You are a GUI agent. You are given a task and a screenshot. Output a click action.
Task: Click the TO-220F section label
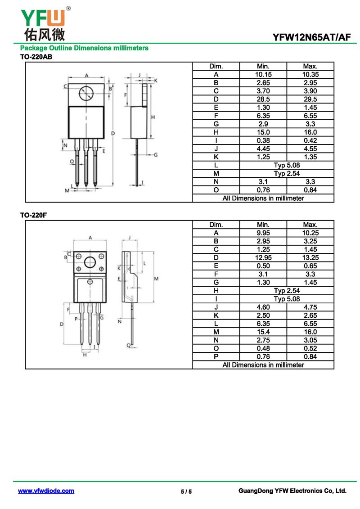pos(33,216)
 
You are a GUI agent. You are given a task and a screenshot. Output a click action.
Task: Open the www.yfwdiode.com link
pos(46,491)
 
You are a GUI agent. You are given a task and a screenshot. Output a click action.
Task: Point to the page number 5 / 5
pos(186,491)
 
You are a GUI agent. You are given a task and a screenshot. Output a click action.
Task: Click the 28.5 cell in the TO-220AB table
pos(263,99)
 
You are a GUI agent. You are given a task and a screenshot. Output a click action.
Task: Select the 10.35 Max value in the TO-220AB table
pos(310,74)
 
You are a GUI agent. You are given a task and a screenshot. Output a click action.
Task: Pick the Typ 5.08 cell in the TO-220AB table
pos(287,165)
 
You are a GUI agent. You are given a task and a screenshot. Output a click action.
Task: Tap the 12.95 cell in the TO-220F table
pos(263,257)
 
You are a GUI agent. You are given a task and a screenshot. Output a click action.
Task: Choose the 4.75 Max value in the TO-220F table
pos(310,307)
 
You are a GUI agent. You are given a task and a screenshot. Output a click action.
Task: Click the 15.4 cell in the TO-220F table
pos(263,332)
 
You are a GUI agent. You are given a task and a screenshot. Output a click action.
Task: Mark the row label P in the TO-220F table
pos(216,356)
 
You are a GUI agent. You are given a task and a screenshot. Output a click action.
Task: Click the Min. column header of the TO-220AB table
pos(263,66)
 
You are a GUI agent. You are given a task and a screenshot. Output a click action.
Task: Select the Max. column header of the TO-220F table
pos(310,225)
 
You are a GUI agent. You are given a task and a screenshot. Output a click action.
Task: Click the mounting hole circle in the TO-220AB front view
pos(86,94)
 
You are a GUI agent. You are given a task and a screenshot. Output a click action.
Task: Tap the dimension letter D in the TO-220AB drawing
pos(113,133)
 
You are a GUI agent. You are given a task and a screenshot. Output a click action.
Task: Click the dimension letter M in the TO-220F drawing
pos(156,279)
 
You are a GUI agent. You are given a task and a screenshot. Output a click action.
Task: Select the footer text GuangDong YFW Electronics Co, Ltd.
pos(292,491)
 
